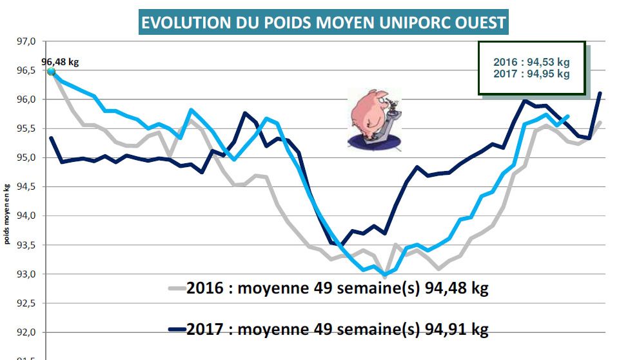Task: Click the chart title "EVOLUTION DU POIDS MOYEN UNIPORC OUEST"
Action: point(324,23)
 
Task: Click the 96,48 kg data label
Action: point(64,62)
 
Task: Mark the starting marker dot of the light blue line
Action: point(51,71)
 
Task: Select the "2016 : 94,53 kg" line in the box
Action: point(531,62)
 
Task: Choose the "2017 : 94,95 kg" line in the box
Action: point(531,74)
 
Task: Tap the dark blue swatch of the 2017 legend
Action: point(176,330)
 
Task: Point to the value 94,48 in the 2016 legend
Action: point(445,288)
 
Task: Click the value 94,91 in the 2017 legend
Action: point(445,330)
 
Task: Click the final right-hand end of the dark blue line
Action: point(600,93)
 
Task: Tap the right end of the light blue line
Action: point(568,116)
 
